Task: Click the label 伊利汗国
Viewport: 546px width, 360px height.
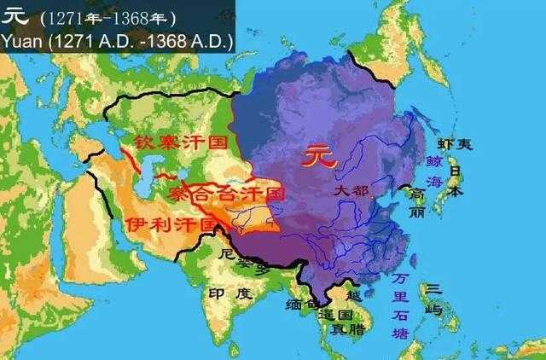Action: click(x=171, y=224)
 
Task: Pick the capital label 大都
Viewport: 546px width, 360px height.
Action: click(x=351, y=191)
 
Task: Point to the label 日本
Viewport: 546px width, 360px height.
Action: click(x=456, y=181)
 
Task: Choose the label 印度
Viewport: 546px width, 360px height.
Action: click(x=231, y=293)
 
